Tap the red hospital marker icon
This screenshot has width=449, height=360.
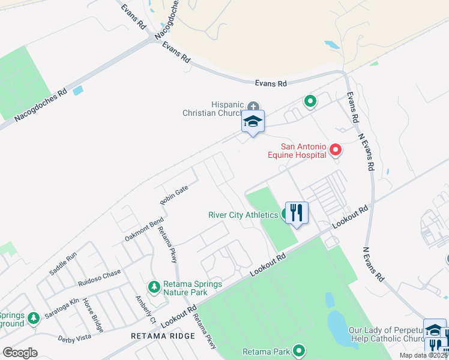(x=336, y=150)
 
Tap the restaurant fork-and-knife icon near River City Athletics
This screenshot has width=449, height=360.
(x=297, y=212)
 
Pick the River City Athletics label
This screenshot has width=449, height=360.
(x=243, y=215)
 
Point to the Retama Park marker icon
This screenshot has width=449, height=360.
(x=298, y=351)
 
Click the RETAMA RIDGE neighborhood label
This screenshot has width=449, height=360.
(x=163, y=336)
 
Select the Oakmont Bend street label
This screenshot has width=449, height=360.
(x=144, y=230)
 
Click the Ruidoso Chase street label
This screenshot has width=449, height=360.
(x=99, y=277)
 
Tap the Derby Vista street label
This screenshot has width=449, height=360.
(x=74, y=339)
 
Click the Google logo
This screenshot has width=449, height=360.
(x=20, y=353)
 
